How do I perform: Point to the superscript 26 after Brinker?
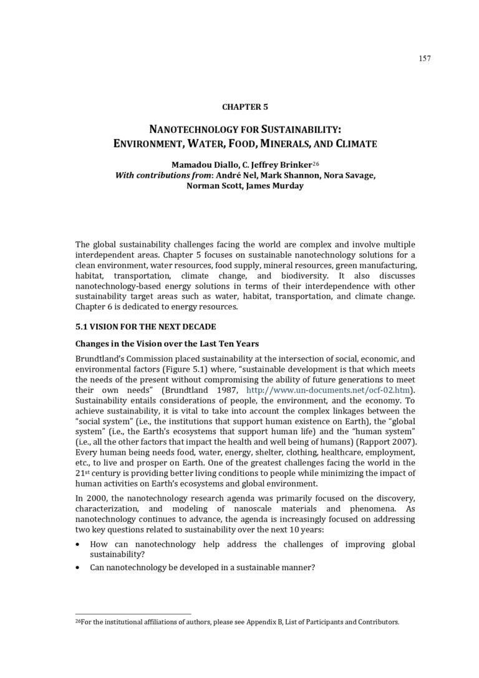(316, 163)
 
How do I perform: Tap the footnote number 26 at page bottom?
(78, 621)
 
